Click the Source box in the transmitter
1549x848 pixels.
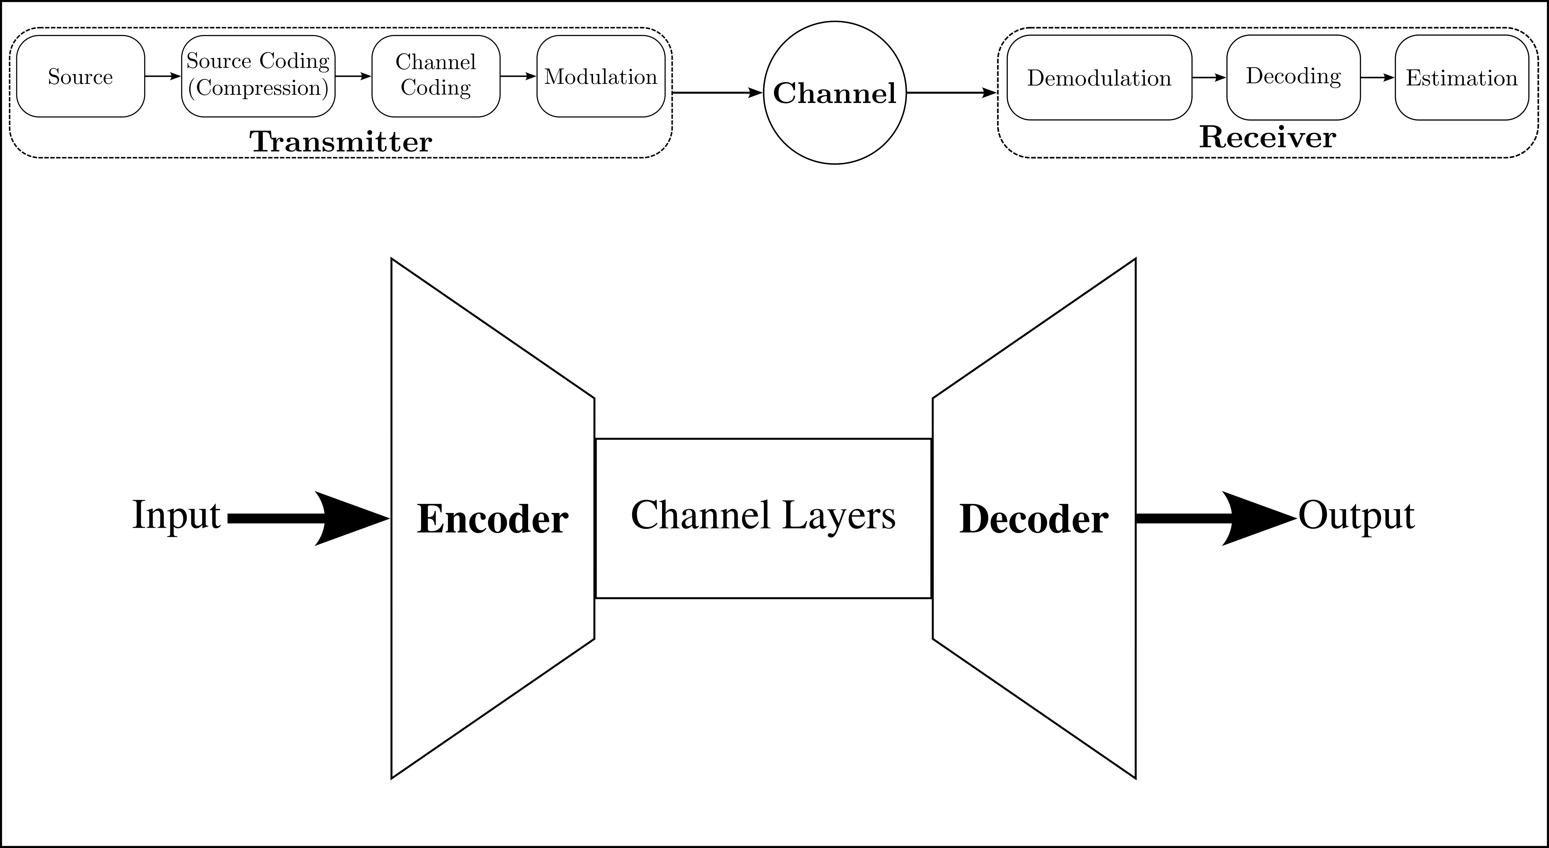click(81, 76)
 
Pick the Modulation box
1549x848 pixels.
click(601, 76)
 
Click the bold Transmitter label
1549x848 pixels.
click(341, 142)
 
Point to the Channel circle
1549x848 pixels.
click(835, 93)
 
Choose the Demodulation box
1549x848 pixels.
click(1099, 77)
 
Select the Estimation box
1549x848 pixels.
click(1462, 77)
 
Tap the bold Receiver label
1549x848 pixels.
click(1268, 138)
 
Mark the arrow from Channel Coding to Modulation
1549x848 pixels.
click(518, 76)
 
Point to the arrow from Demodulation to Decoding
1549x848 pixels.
click(1209, 77)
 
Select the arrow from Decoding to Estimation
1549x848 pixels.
click(1377, 77)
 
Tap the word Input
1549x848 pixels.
click(176, 516)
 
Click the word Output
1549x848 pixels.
click(1357, 516)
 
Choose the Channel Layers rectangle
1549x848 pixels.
click(763, 518)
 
